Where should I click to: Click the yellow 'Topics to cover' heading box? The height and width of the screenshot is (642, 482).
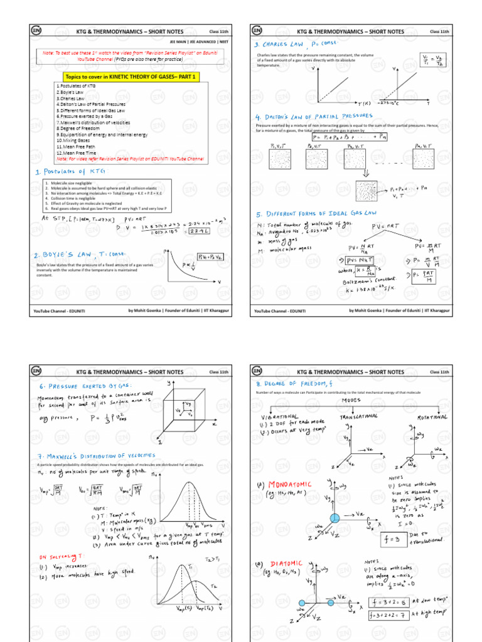click(x=132, y=76)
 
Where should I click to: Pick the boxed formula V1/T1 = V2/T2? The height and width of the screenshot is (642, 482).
click(x=433, y=61)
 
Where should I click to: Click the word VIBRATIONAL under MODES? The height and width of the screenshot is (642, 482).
click(x=281, y=417)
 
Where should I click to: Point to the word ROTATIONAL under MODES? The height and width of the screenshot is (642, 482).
click(x=429, y=416)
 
